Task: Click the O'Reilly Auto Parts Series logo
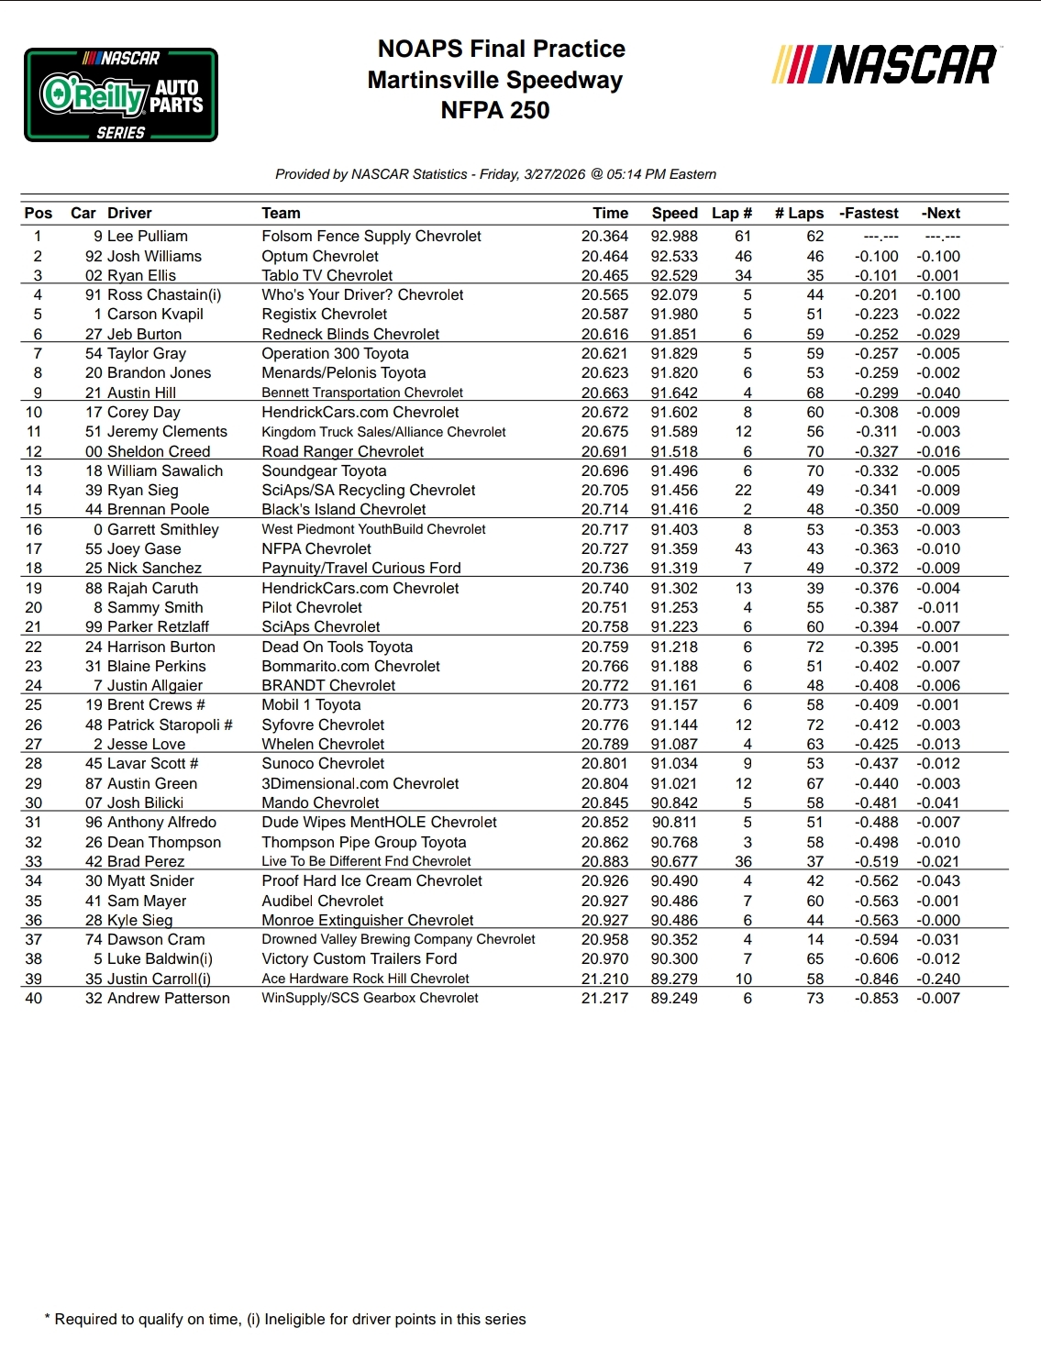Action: point(121,95)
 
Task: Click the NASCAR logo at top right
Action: point(885,65)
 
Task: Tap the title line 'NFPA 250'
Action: point(495,111)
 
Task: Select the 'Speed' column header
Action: point(674,214)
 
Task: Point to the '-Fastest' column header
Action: point(869,214)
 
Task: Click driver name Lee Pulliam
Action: point(148,237)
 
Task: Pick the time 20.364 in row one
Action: point(604,237)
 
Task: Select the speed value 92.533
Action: point(674,257)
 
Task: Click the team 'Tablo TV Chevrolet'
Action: point(327,276)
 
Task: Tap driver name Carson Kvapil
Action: point(155,315)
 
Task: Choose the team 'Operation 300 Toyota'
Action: point(335,354)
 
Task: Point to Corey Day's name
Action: point(144,413)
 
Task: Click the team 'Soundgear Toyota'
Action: point(324,471)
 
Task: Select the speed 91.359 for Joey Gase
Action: point(674,549)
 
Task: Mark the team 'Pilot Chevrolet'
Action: point(312,608)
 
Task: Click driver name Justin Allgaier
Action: point(155,686)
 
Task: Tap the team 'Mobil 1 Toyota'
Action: point(311,705)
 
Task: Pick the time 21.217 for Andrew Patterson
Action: point(604,999)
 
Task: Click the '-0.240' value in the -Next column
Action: point(937,979)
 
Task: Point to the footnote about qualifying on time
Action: point(285,1320)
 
